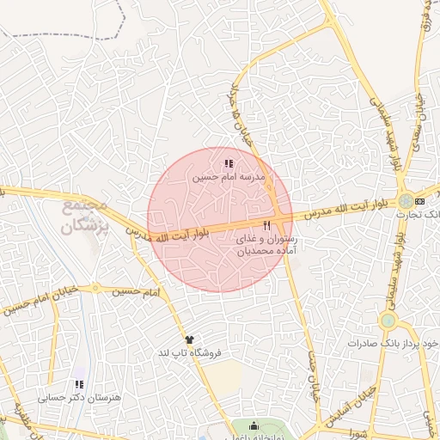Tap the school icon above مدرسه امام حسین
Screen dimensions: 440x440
229,163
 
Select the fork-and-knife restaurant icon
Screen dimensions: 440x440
266,226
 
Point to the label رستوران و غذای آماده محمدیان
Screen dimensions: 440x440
271,246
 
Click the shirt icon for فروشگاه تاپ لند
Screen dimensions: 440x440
189,340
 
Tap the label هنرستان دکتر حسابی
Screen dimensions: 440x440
78,398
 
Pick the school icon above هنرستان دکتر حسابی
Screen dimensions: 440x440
79,385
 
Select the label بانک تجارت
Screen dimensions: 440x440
421,212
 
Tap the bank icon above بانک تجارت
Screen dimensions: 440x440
419,201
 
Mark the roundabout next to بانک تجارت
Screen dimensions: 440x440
405,201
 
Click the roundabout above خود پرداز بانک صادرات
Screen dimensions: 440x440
388,321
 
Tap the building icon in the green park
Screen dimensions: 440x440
254,426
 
